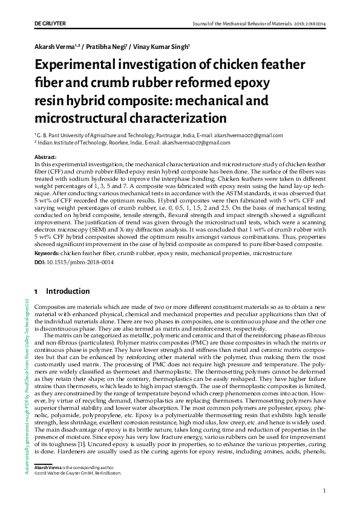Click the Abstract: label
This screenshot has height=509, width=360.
coord(45,157)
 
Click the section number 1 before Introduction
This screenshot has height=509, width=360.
coord(37,291)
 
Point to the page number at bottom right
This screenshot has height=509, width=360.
coord(325,490)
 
